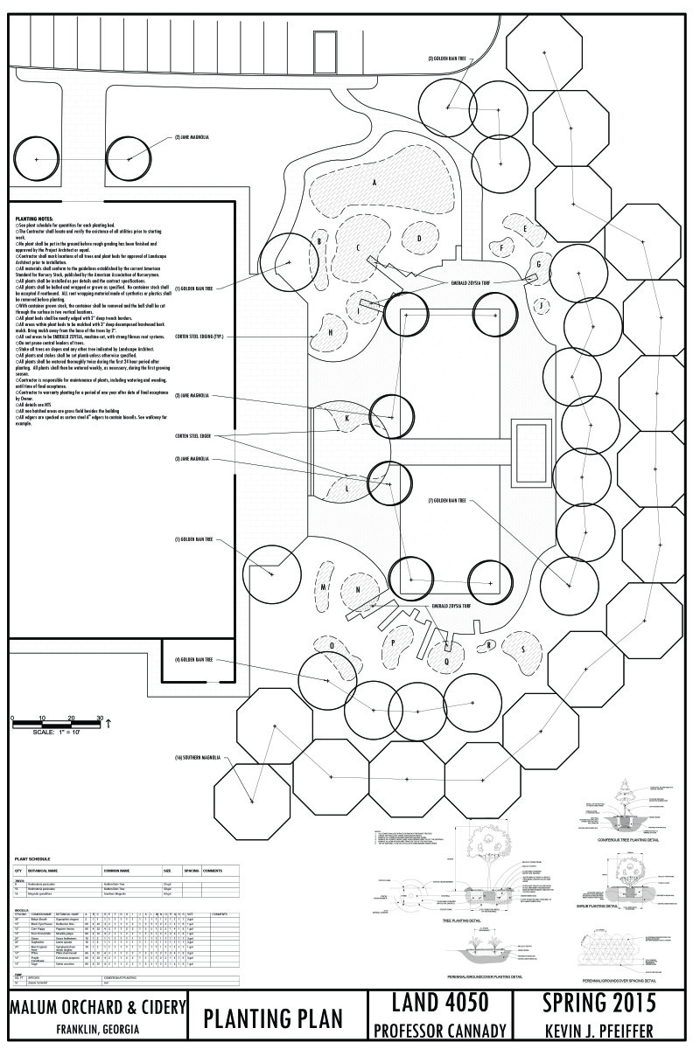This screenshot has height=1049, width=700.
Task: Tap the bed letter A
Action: (374, 183)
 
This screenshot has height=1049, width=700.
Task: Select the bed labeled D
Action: (420, 238)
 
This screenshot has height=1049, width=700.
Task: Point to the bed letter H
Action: (331, 332)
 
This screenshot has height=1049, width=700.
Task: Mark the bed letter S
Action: (523, 650)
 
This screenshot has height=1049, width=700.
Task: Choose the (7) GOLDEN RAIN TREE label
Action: (447, 502)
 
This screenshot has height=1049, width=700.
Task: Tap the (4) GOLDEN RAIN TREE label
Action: (194, 660)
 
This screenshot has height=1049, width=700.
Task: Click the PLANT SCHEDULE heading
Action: (34, 860)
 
